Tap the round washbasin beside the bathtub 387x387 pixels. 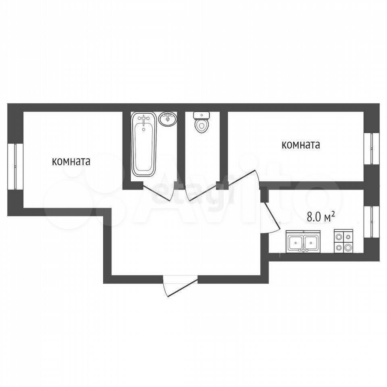[x=168, y=119]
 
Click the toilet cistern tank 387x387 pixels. [x=202, y=115]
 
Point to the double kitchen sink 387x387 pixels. [x=303, y=241]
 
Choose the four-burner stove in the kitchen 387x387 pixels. [x=343, y=241]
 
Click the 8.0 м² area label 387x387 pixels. [x=321, y=217]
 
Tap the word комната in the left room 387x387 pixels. [x=71, y=162]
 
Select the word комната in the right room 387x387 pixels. [x=301, y=145]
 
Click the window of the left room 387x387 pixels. [x=15, y=166]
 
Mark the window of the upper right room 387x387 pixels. [x=371, y=149]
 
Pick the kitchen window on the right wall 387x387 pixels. [x=371, y=222]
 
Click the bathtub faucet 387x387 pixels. [x=144, y=119]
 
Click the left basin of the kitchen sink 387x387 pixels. [x=295, y=242]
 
